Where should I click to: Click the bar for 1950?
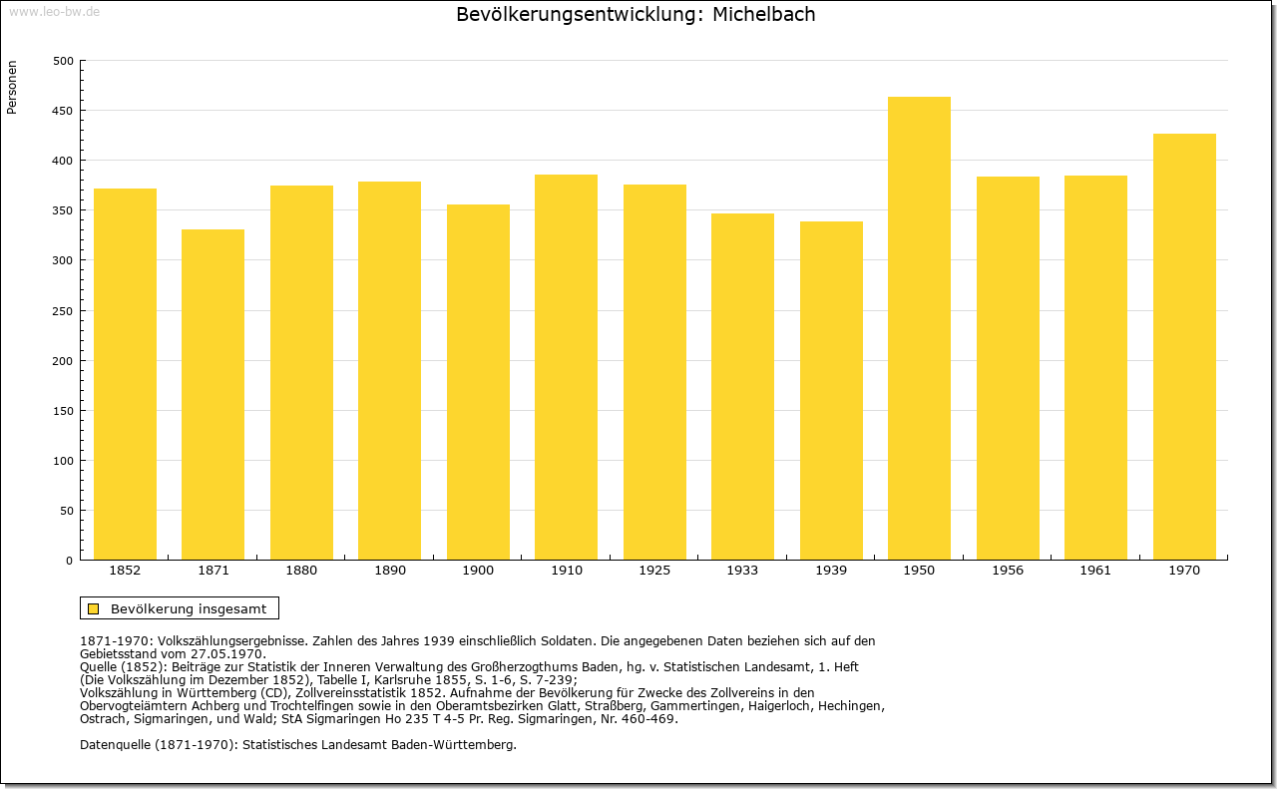pyautogui.click(x=919, y=328)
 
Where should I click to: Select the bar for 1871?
pyautogui.click(x=213, y=395)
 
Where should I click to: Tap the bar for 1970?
pyautogui.click(x=1184, y=346)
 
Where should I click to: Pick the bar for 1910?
pyautogui.click(x=566, y=367)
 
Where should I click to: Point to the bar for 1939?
pyautogui.click(x=831, y=390)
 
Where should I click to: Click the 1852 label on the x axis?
pyautogui.click(x=125, y=571)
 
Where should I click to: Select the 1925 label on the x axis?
pyautogui.click(x=654, y=571)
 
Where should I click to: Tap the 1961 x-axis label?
pyautogui.click(x=1095, y=571)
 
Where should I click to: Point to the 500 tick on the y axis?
pyautogui.click(x=63, y=61)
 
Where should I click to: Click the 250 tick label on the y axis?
pyautogui.click(x=63, y=311)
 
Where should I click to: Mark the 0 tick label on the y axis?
pyautogui.click(x=69, y=561)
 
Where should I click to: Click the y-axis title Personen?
pyautogui.click(x=11, y=87)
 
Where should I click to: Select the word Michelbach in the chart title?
pyautogui.click(x=763, y=14)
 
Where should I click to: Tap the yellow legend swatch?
pyautogui.click(x=94, y=608)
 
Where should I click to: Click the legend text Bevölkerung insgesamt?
pyautogui.click(x=189, y=608)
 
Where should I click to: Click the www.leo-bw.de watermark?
pyautogui.click(x=55, y=11)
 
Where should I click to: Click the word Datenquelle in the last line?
pyautogui.click(x=115, y=745)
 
